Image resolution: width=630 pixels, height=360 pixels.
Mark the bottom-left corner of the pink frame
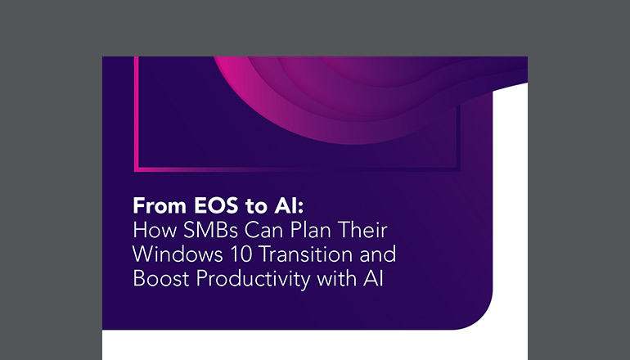[x=136, y=169]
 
